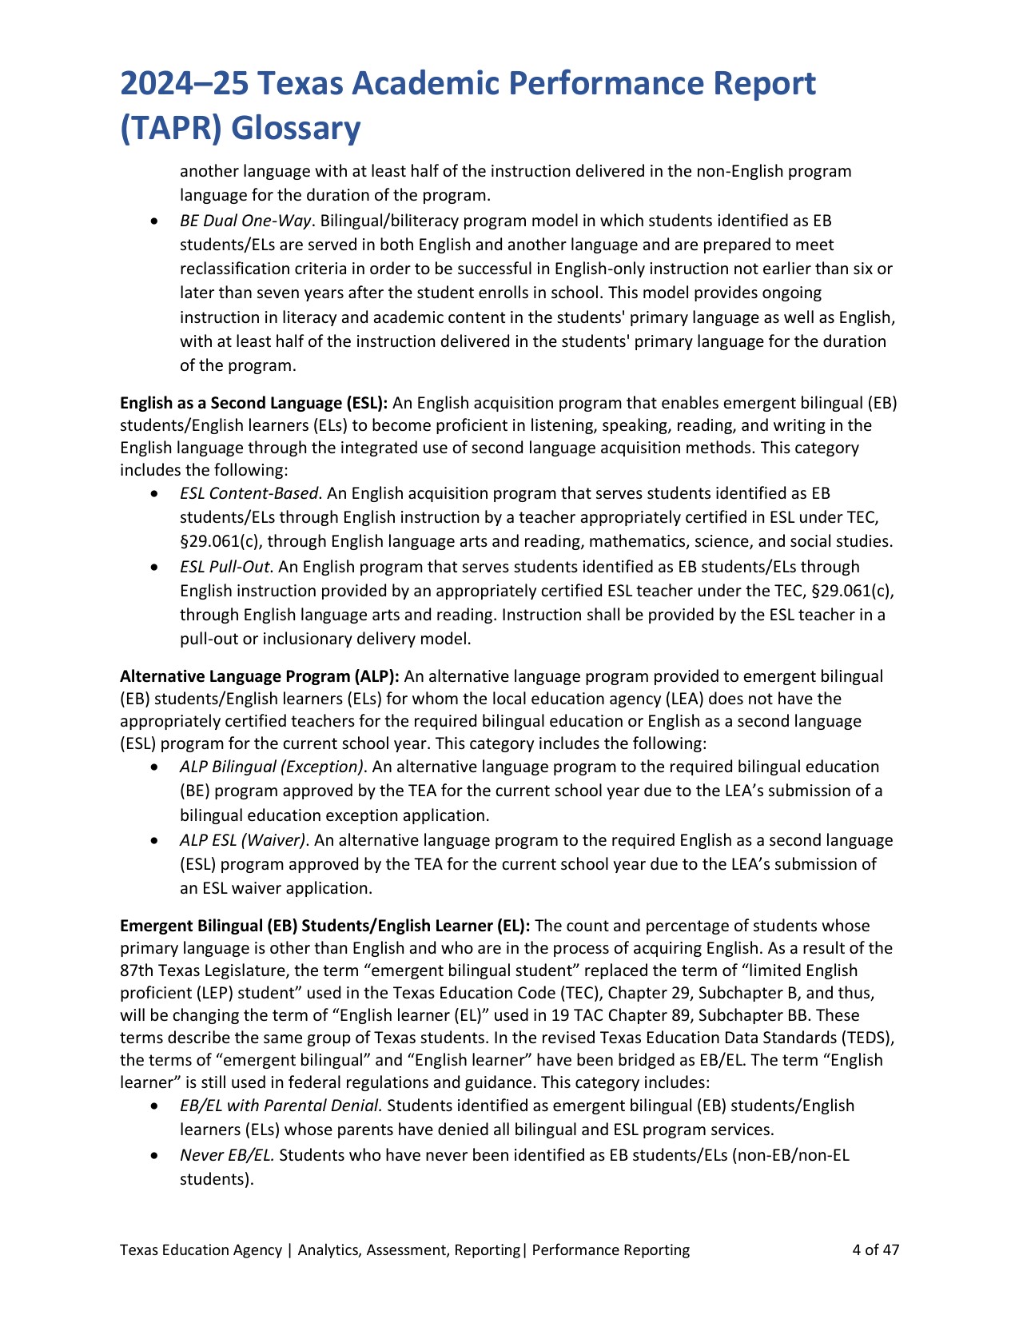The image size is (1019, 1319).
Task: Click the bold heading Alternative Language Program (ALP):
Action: click(x=259, y=676)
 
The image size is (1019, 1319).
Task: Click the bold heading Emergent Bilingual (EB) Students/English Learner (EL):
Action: click(x=324, y=926)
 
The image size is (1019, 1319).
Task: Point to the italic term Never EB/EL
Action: click(x=227, y=1155)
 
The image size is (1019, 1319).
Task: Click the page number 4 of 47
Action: click(x=875, y=1249)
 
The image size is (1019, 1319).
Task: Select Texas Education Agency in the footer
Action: click(x=201, y=1249)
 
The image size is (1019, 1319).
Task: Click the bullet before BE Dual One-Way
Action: click(x=154, y=221)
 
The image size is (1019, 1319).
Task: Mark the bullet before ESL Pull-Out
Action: click(x=154, y=568)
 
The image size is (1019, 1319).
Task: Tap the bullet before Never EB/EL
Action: click(x=154, y=1156)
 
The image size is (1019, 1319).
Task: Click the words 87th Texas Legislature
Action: click(x=198, y=970)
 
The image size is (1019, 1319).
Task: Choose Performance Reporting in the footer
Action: click(x=611, y=1249)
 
